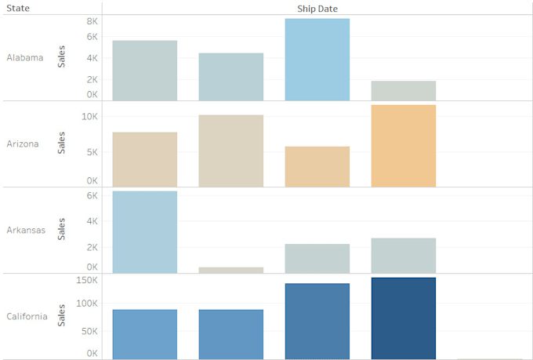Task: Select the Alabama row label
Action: tap(24, 57)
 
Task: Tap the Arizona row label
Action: tap(22, 144)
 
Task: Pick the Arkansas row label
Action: tap(25, 230)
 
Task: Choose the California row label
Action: tap(27, 316)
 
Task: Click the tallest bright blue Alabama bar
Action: tap(317, 60)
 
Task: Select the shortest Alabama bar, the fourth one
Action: tap(403, 90)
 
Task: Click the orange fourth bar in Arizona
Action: tap(403, 146)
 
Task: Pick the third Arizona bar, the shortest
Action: tap(317, 166)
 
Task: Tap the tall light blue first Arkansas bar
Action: tap(144, 231)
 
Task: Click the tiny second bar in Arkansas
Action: tap(230, 270)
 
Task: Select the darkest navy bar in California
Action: tap(403, 318)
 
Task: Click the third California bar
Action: tap(317, 321)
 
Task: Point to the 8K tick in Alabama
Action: tap(92, 21)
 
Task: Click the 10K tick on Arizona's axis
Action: tap(89, 116)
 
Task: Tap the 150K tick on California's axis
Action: tap(86, 280)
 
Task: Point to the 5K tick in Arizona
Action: tap(92, 151)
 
